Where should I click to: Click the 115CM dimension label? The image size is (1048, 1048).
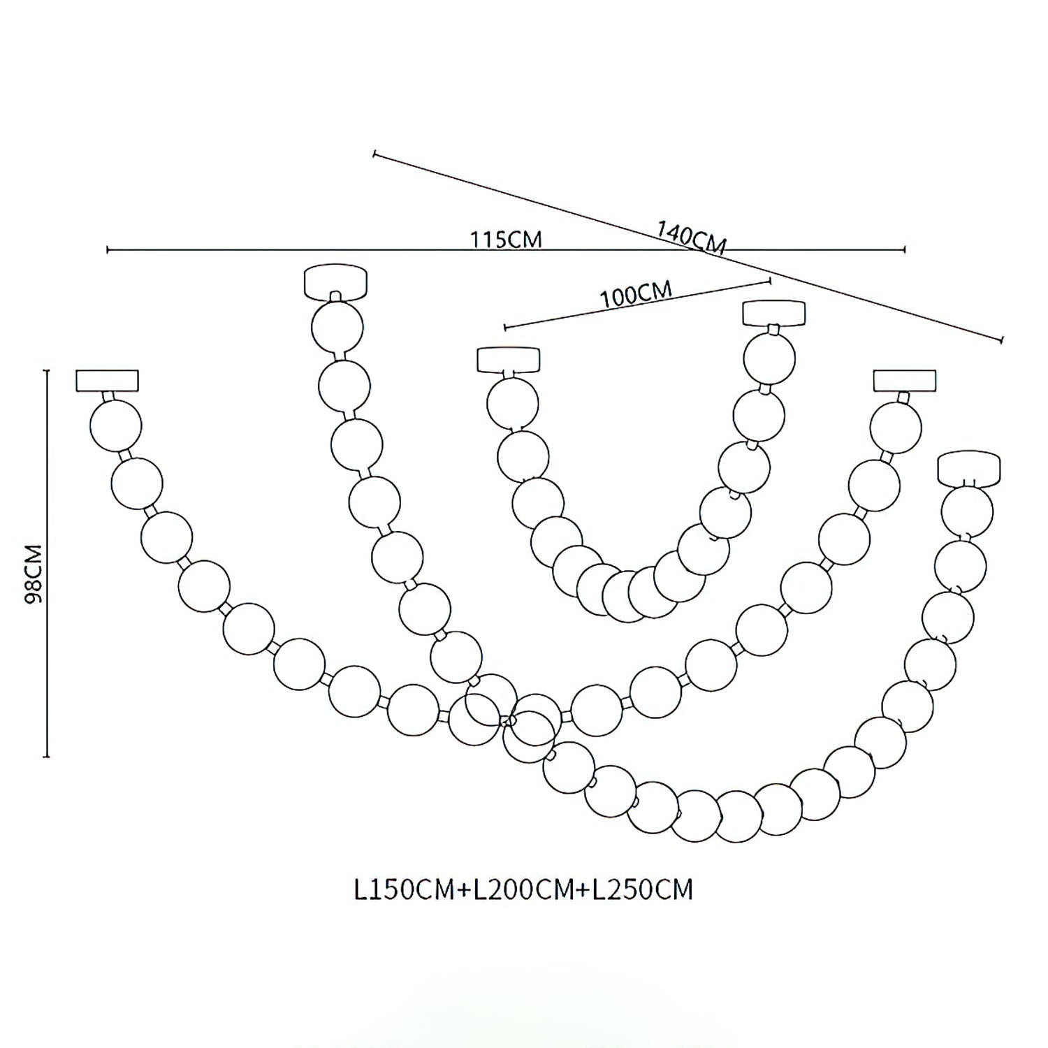pos(507,240)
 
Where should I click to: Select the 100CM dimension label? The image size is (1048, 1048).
pos(636,294)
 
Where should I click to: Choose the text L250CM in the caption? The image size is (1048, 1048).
pos(642,890)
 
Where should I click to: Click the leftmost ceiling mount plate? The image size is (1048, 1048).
pos(107,380)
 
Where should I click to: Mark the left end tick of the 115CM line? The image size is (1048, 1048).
pos(108,249)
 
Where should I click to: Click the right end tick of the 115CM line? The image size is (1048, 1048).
pos(905,249)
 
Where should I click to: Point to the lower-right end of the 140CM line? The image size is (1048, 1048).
pos(1003,340)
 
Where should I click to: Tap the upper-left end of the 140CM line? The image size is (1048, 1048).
pos(375,153)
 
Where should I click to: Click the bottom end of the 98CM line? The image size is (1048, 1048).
pos(47,756)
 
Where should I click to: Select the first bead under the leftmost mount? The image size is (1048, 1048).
pos(116,425)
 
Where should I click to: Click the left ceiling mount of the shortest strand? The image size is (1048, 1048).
pos(509,360)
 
